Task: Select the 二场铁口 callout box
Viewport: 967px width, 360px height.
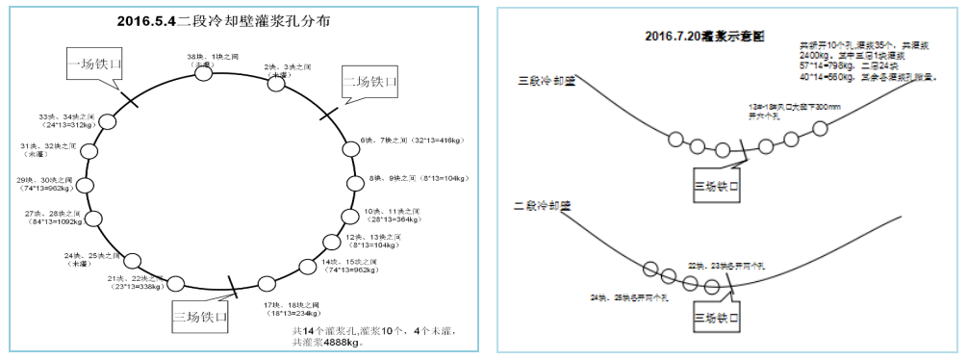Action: tap(370, 82)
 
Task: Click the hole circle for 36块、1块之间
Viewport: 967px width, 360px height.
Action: tap(203, 73)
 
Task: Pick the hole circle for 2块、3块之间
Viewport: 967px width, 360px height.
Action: tap(276, 84)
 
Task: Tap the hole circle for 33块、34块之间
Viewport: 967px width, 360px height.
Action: tap(108, 122)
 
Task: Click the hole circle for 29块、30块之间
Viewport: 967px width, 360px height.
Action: tap(85, 186)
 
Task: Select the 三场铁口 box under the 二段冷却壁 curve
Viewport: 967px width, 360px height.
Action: tap(719, 314)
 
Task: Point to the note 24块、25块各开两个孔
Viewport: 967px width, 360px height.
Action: tap(635, 297)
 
